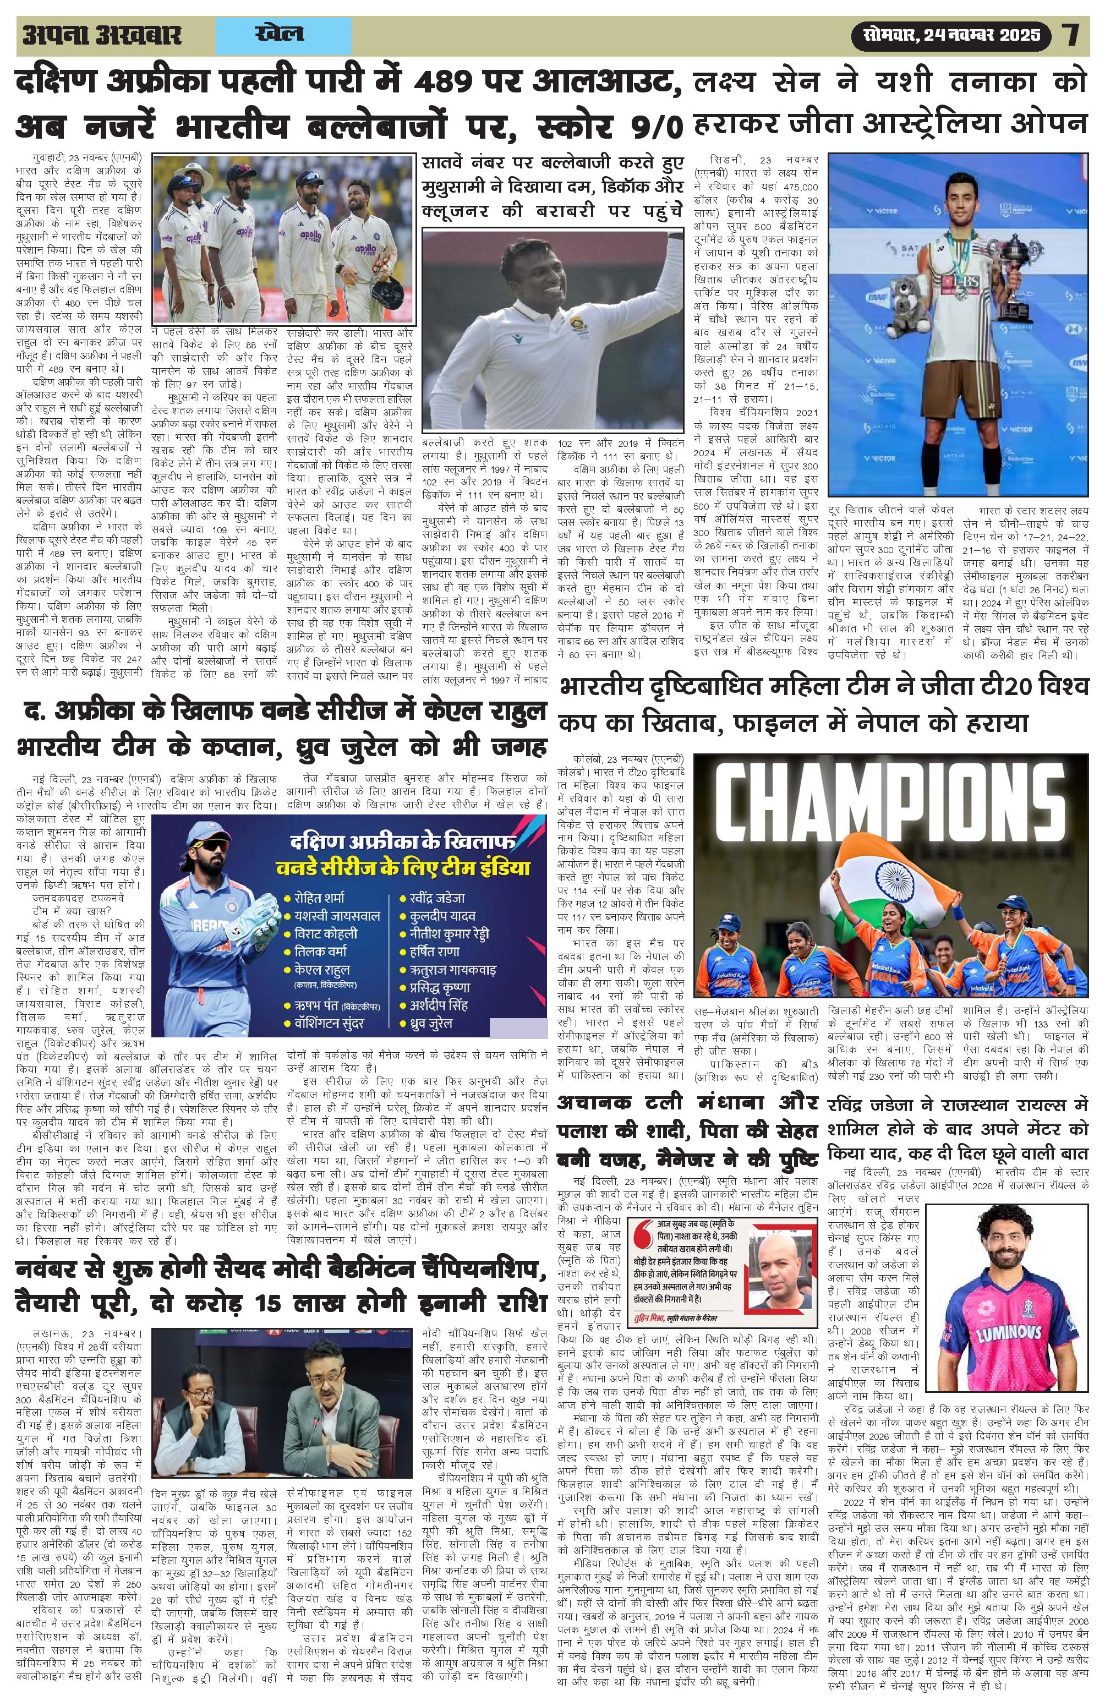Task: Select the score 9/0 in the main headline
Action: click(646, 129)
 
